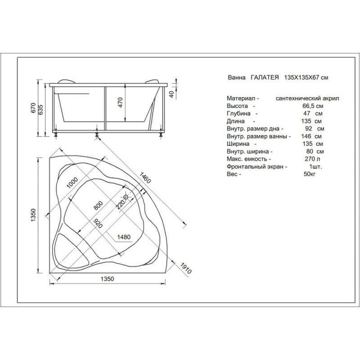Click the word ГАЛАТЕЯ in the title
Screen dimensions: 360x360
(265, 77)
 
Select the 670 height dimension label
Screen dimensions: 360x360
(33, 108)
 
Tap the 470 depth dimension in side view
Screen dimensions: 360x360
(121, 103)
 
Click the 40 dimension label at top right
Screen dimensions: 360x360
(171, 94)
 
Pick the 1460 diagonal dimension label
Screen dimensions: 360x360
(145, 177)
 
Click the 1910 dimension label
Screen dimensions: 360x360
(185, 268)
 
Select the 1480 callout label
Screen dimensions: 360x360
(124, 237)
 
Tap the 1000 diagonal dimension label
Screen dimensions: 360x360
(72, 183)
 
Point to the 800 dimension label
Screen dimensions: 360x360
(98, 206)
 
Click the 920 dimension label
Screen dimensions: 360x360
(98, 223)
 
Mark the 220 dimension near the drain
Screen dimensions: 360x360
(121, 204)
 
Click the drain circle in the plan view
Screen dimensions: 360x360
(126, 197)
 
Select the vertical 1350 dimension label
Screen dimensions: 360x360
(33, 215)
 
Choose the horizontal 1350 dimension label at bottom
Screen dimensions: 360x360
(107, 279)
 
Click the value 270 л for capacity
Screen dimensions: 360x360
(312, 159)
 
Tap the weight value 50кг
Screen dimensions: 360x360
(310, 174)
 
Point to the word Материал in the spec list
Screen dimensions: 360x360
(241, 98)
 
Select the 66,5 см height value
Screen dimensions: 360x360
(313, 106)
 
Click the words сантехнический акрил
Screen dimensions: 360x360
(307, 99)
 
